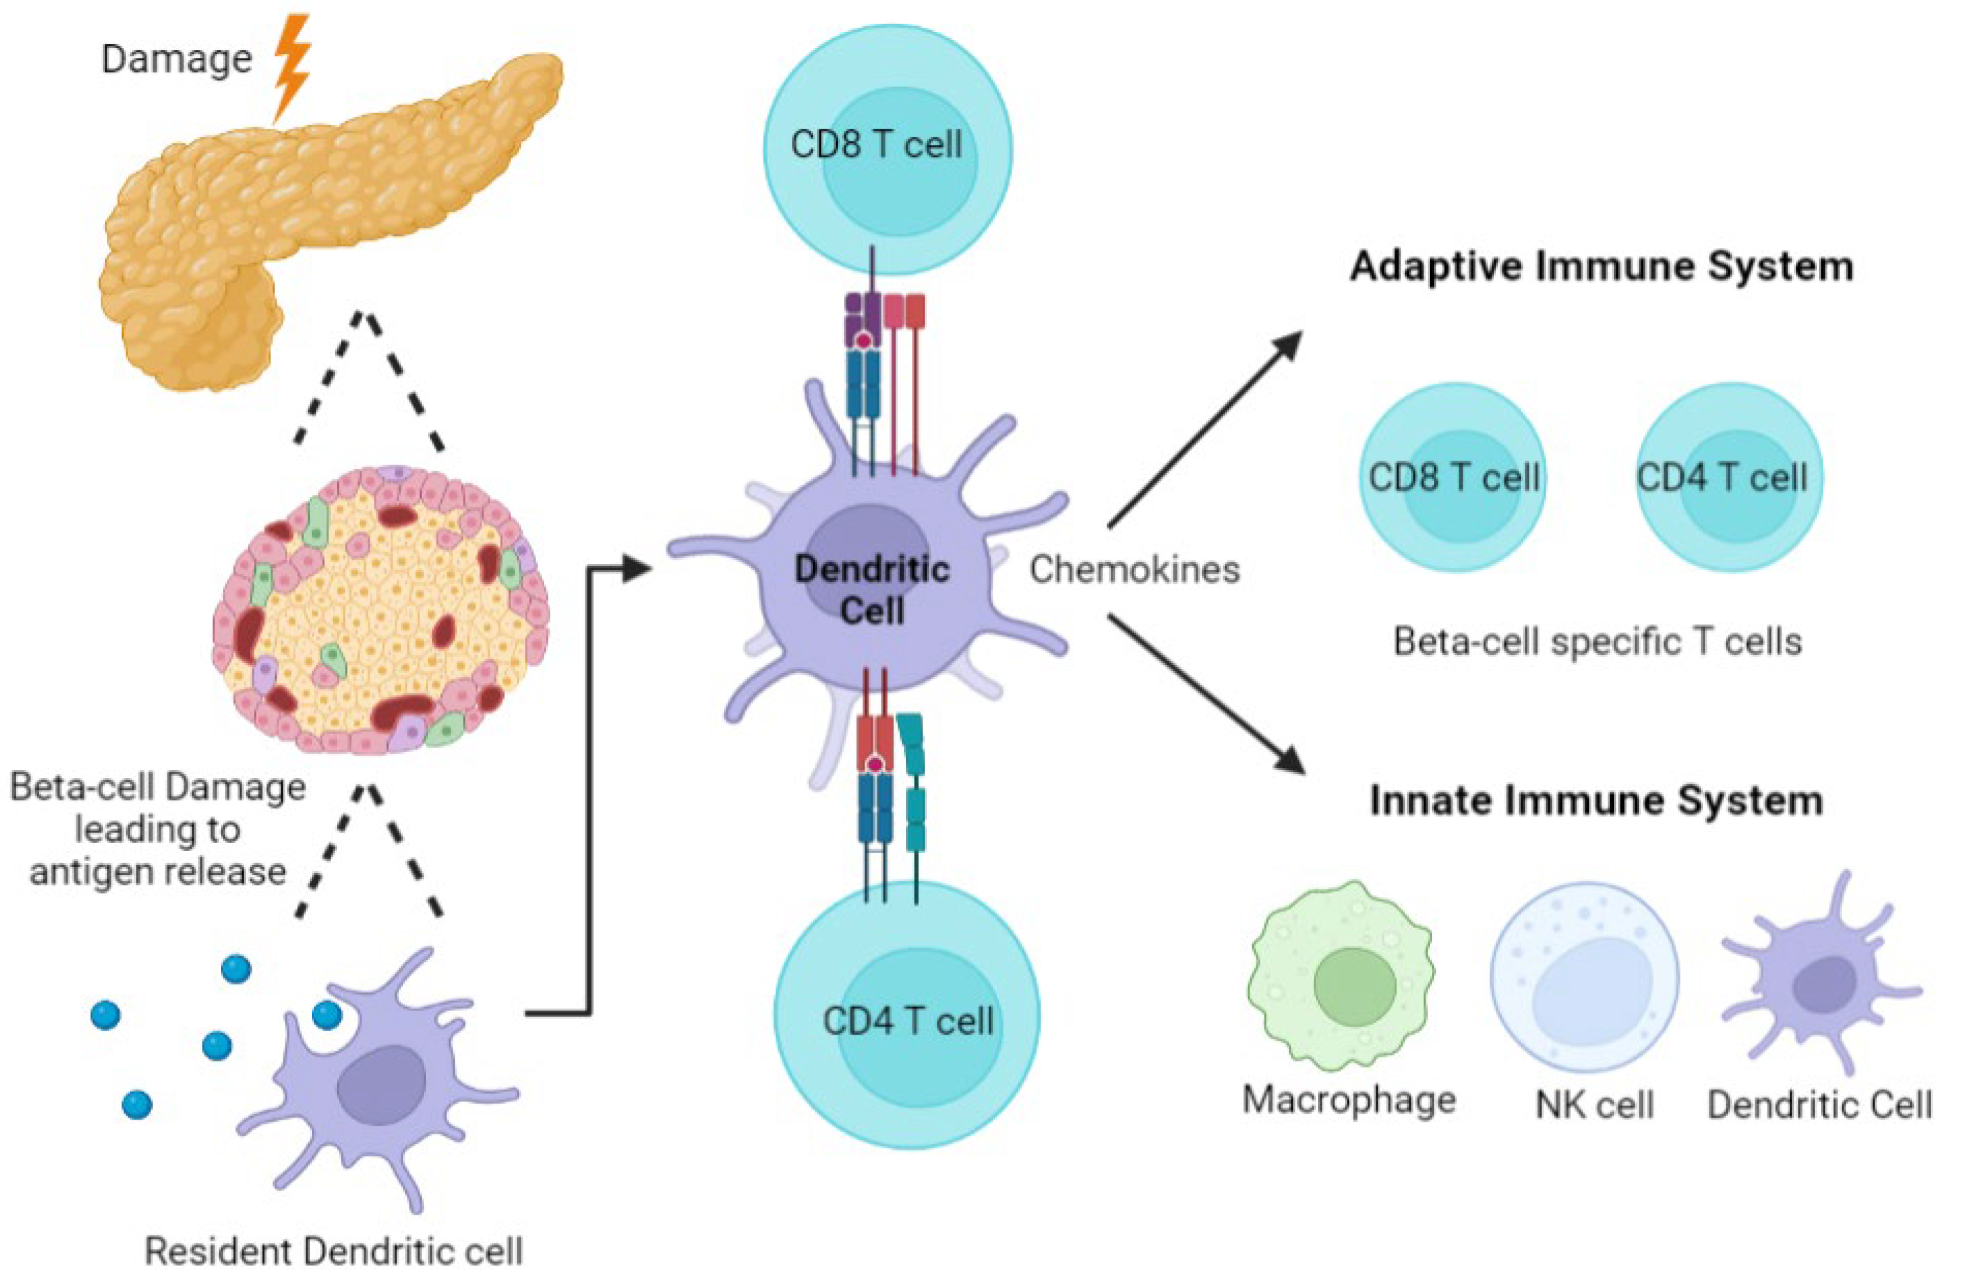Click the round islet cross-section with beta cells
[x=381, y=608]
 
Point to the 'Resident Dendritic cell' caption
[x=334, y=1251]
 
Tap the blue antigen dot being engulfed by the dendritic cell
[x=327, y=1013]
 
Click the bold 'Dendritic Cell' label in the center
[x=872, y=590]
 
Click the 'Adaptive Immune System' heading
[x=1601, y=267]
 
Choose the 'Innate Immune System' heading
[x=1597, y=801]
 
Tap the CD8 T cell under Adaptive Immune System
[x=1453, y=478]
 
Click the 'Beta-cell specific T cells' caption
[x=1597, y=642]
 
